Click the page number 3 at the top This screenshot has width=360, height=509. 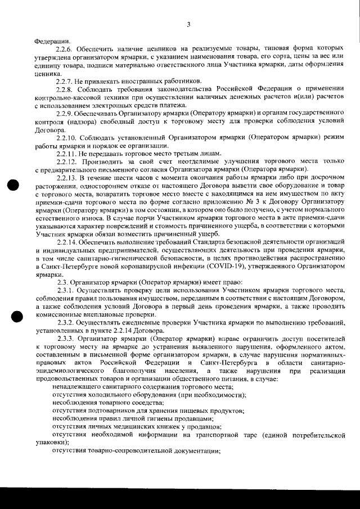click(188, 24)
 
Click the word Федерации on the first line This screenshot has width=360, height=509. click(52, 41)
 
